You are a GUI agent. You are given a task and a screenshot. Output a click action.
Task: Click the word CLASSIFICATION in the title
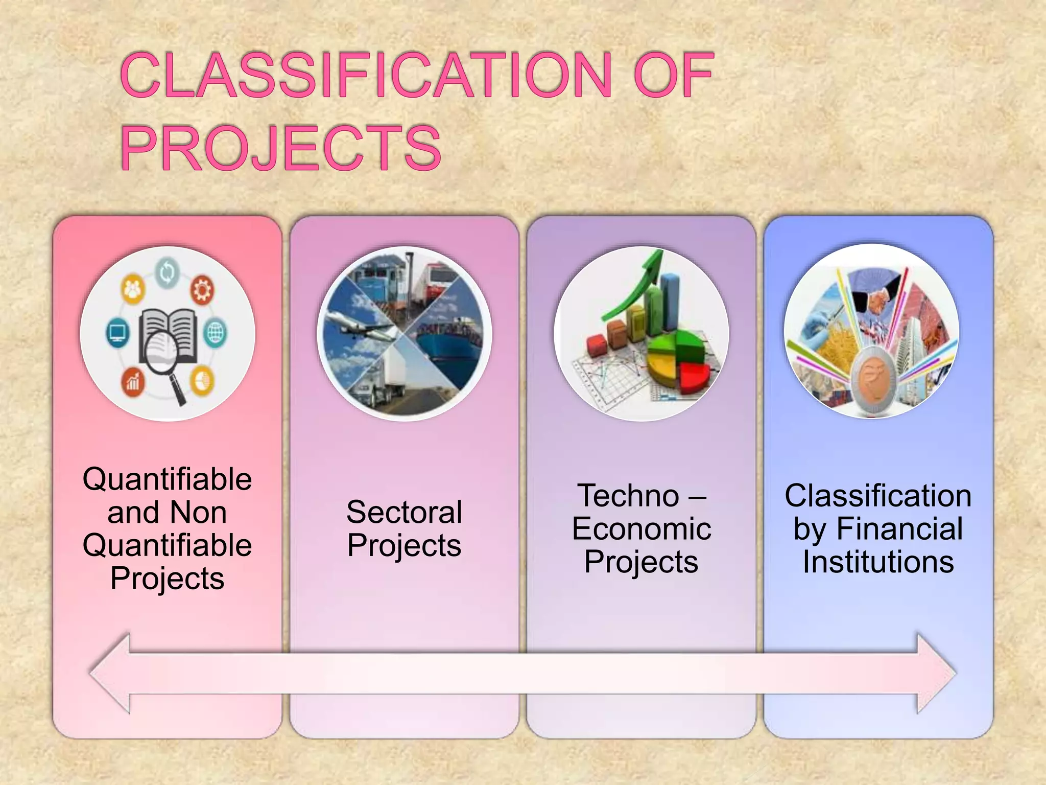366,75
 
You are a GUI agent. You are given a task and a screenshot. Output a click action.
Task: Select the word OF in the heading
673,75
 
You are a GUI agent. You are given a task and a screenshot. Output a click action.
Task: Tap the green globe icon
215,333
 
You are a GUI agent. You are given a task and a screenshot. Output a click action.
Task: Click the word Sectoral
404,512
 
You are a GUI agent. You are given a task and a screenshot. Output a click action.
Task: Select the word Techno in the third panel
628,496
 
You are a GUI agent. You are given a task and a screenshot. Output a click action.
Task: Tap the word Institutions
878,562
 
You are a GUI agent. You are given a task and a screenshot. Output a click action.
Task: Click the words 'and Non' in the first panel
167,512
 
